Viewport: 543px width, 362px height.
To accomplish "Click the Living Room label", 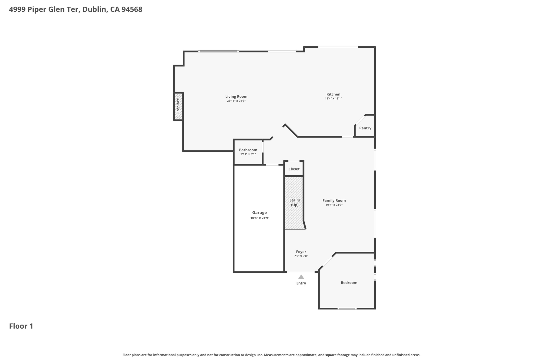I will click(x=236, y=97).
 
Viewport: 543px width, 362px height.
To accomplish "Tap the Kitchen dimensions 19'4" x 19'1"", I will click(x=333, y=99).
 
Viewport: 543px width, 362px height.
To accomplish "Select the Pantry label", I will click(x=365, y=128).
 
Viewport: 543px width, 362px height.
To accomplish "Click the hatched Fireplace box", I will click(x=178, y=106).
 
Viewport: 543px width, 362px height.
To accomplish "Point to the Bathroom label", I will click(x=248, y=150).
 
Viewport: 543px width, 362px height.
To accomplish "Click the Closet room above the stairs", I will click(x=294, y=169).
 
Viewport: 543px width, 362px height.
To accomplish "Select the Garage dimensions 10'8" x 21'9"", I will click(x=260, y=218).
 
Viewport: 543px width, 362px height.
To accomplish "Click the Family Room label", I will click(x=334, y=200).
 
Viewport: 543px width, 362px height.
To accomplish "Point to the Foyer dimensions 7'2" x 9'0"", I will click(x=301, y=256).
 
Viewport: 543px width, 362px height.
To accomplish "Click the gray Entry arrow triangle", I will click(x=301, y=277).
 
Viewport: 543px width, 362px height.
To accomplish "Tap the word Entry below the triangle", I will click(x=301, y=283).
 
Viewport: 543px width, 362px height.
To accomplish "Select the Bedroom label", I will click(x=349, y=283).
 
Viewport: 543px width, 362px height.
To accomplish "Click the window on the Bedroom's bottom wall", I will click(x=347, y=308).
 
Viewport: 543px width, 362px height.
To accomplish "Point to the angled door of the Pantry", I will click(x=360, y=120).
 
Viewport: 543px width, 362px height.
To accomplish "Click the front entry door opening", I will click(x=301, y=272).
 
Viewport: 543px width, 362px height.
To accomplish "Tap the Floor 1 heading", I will click(x=21, y=326).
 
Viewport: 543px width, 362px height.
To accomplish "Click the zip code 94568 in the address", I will click(x=132, y=10).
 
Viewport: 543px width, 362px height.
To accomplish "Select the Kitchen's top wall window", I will click(x=338, y=47).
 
